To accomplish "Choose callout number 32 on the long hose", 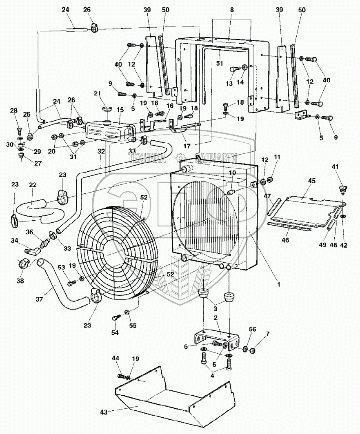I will (101, 151).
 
